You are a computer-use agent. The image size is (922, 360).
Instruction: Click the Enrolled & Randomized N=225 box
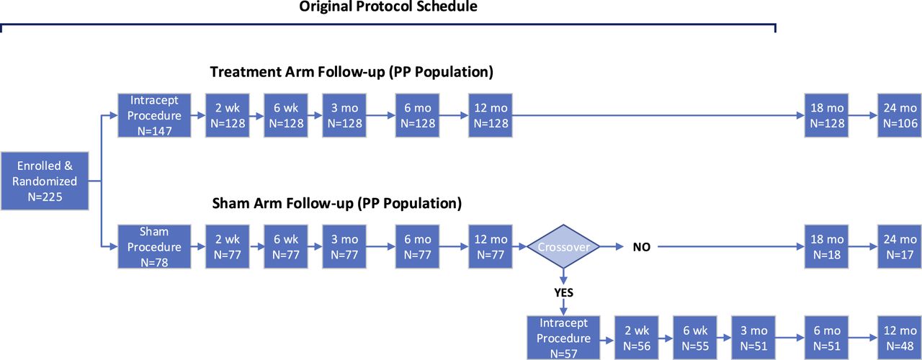click(x=45, y=181)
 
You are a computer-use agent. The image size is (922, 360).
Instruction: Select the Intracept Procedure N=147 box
click(x=154, y=115)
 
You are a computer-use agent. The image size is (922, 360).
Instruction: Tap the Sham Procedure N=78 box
click(x=154, y=246)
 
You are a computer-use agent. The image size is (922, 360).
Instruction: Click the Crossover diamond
click(x=563, y=246)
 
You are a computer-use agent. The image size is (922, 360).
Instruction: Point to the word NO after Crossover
click(x=641, y=247)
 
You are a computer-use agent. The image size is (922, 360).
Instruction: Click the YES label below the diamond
click(x=563, y=292)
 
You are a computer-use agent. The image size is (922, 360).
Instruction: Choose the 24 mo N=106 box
click(x=900, y=115)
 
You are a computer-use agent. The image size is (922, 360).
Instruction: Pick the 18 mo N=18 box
click(x=826, y=246)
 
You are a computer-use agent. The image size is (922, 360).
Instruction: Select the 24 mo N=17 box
click(x=900, y=246)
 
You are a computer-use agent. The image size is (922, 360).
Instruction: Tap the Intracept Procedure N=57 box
click(x=563, y=338)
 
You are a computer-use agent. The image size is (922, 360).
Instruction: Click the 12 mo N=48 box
click(x=900, y=338)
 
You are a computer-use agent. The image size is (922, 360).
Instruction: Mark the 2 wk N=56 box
click(x=636, y=338)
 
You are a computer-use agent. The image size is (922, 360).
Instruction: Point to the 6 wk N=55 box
click(x=695, y=338)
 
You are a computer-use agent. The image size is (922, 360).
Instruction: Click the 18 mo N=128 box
click(x=826, y=115)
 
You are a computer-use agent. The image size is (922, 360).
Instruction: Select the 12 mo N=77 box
click(x=491, y=246)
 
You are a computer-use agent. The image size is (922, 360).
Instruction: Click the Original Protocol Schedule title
click(x=388, y=6)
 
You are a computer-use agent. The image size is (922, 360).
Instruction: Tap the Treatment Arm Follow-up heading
click(x=352, y=72)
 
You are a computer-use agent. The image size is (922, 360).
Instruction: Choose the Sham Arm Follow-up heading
click(x=336, y=203)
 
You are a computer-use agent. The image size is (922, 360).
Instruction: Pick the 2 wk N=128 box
click(x=227, y=115)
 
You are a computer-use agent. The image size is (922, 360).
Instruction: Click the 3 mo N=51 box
click(x=753, y=338)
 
